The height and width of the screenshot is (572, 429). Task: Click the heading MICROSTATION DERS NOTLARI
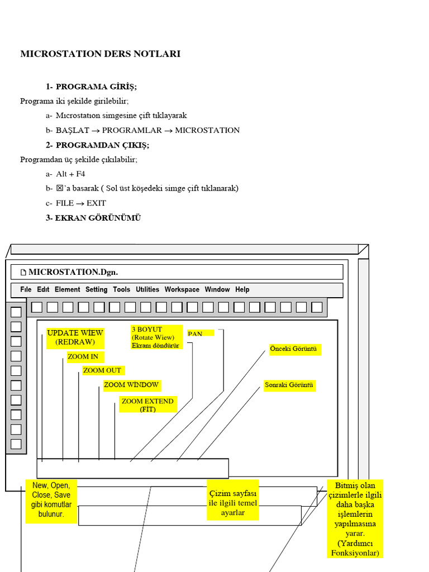tap(101, 54)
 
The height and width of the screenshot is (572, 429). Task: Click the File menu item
tap(26, 289)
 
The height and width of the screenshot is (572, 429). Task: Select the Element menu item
tap(67, 289)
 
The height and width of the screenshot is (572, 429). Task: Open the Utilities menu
tap(147, 289)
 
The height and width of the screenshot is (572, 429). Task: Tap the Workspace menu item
tap(182, 289)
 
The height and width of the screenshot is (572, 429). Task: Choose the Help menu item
tap(242, 289)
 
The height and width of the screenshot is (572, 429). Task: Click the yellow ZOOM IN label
tap(83, 356)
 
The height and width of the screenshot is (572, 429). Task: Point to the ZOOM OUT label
tap(102, 370)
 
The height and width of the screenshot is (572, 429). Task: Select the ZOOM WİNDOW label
tap(131, 385)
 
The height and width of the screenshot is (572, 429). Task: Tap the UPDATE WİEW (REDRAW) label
tap(75, 337)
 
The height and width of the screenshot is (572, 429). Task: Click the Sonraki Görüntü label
tap(289, 385)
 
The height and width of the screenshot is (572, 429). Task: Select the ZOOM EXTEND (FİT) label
tap(147, 405)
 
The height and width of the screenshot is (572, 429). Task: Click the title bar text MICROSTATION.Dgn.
tap(73, 272)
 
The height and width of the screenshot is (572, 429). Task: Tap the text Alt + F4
tap(70, 174)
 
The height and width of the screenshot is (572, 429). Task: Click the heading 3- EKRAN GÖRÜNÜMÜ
tap(93, 218)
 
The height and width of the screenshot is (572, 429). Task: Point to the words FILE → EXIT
tap(80, 203)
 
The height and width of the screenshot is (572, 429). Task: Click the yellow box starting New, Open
tap(51, 500)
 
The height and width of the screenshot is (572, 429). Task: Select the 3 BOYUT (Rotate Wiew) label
tap(156, 337)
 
